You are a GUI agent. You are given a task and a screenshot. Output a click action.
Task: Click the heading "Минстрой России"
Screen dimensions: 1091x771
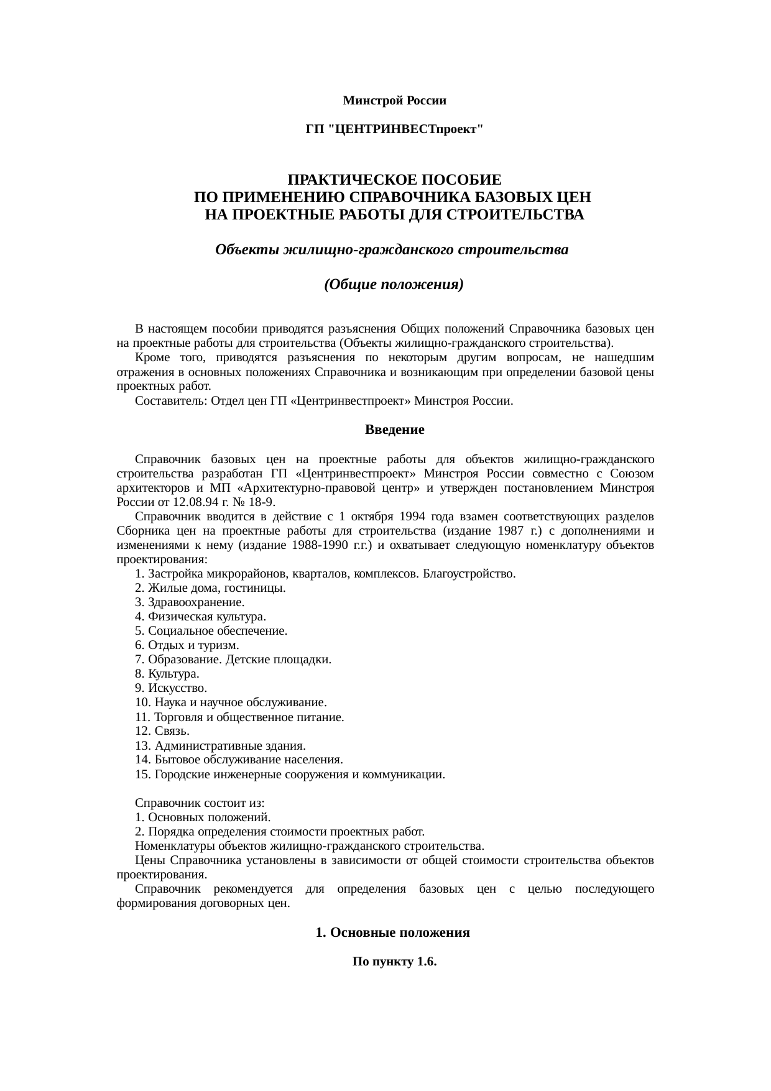click(x=394, y=100)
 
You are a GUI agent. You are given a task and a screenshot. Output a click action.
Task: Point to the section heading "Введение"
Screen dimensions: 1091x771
click(x=394, y=430)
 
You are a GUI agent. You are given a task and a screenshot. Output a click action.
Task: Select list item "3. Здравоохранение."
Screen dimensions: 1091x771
click(x=190, y=602)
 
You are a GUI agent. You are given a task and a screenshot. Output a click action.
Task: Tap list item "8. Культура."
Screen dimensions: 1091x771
click(x=167, y=674)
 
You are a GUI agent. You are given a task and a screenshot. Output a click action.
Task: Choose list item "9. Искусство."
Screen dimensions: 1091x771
click(x=171, y=688)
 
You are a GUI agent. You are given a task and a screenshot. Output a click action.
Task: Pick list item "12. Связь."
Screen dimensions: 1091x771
click(x=162, y=731)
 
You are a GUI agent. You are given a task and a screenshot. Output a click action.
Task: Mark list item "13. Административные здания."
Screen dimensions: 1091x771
click(x=220, y=746)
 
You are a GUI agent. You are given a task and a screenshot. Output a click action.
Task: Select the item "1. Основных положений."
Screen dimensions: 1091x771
click(x=202, y=817)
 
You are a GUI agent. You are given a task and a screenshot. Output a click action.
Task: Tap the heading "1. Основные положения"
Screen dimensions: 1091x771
click(x=392, y=932)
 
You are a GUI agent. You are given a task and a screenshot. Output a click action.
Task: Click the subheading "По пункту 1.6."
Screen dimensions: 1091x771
click(x=394, y=962)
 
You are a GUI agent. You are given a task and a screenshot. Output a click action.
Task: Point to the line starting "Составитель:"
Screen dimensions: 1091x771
click(x=323, y=401)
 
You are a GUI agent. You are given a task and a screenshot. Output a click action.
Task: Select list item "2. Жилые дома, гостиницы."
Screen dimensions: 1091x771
click(x=210, y=588)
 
